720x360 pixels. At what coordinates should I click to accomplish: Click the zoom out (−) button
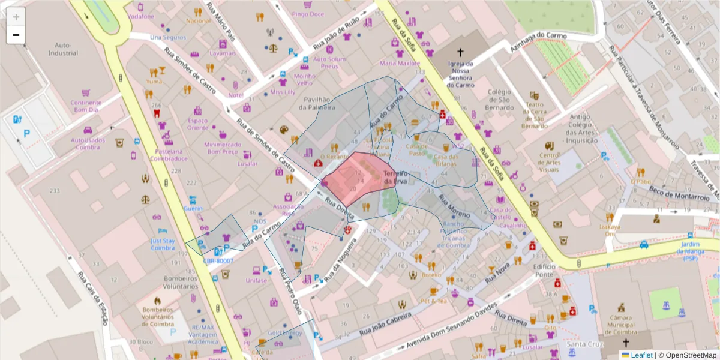coord(16,35)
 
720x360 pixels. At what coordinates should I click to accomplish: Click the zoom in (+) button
coord(16,17)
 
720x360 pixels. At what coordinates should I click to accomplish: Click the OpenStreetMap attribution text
coord(687,355)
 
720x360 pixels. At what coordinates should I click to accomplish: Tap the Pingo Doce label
coord(308,13)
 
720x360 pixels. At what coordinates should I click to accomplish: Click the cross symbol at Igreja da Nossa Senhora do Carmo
coord(461,53)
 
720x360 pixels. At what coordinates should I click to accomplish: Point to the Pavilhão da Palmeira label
coord(317,103)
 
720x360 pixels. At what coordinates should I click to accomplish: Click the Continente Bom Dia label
coord(85,106)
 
